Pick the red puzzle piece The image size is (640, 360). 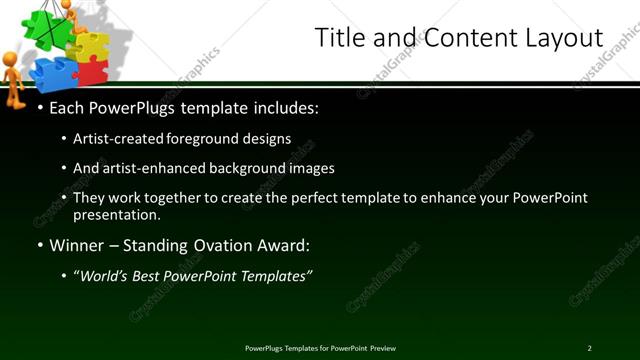(93, 71)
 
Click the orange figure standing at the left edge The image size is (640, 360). (13, 80)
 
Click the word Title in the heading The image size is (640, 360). (338, 39)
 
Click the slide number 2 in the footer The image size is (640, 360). (589, 347)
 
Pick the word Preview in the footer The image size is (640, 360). (382, 347)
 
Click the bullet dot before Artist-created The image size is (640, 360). (64, 139)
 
